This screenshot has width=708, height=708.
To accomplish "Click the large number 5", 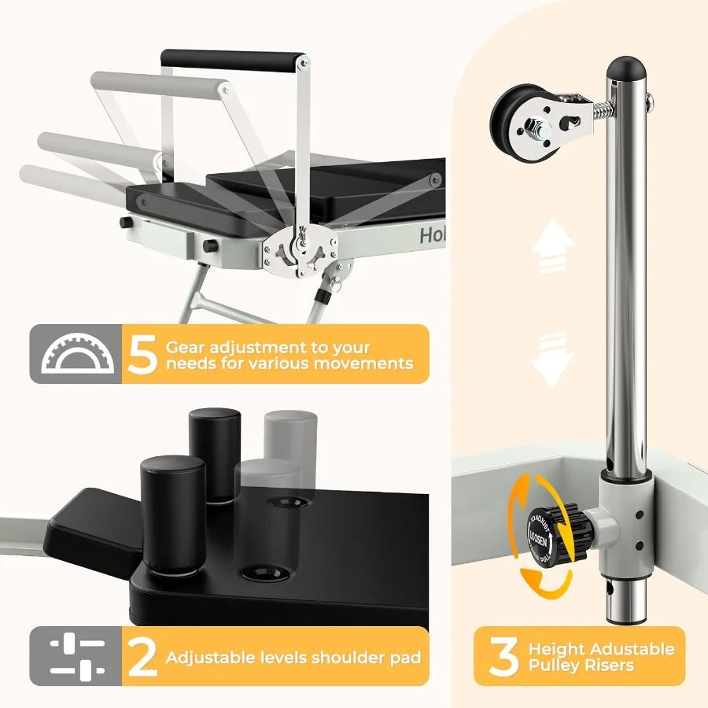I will [x=142, y=355].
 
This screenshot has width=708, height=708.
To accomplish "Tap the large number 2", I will [x=142, y=658].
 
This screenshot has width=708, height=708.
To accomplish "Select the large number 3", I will [x=503, y=658].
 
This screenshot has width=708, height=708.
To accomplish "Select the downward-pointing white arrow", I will [x=551, y=358].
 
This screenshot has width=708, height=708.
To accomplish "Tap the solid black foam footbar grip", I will [x=233, y=60].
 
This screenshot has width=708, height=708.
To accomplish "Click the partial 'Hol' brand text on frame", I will [x=431, y=235].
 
